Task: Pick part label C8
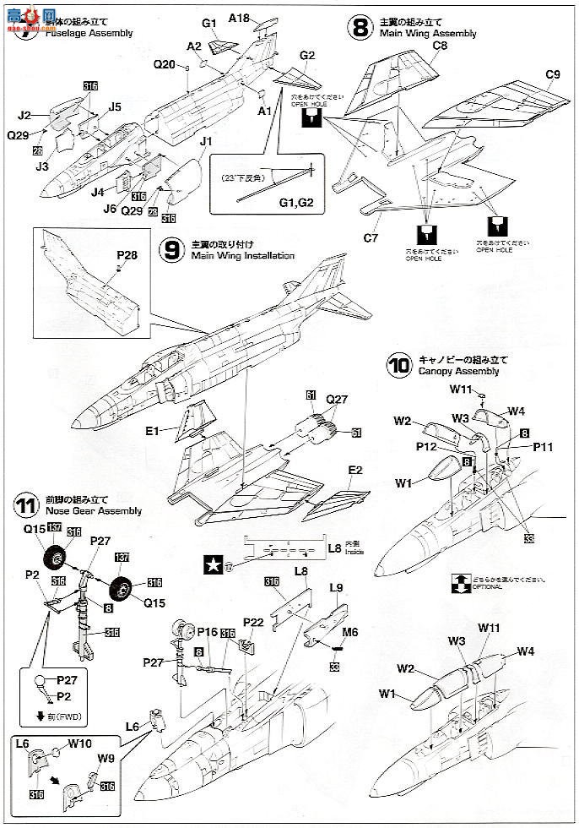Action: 439,47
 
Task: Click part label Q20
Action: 165,64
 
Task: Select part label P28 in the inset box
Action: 127,252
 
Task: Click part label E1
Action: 152,430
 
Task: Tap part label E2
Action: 354,470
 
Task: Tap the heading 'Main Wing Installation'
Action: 242,255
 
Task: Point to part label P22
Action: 253,624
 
